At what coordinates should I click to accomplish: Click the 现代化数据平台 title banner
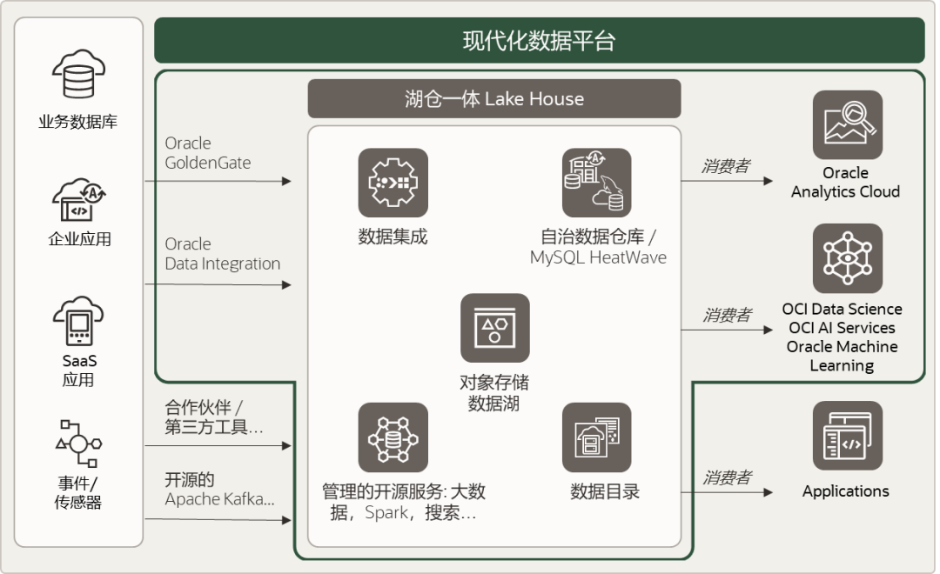click(539, 41)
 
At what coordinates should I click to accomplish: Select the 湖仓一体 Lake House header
click(493, 98)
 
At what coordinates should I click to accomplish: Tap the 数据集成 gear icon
click(393, 183)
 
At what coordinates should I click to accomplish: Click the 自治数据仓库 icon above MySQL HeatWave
click(596, 183)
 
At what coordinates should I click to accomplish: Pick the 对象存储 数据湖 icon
click(494, 328)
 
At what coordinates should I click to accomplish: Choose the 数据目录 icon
click(596, 437)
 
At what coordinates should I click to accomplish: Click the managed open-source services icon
click(393, 437)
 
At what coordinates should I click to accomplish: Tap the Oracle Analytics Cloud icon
click(847, 125)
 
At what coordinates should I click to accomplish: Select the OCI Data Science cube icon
click(847, 258)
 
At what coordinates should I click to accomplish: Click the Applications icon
click(847, 436)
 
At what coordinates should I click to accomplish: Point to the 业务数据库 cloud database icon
click(78, 74)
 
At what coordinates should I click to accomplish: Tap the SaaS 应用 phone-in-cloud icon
click(78, 321)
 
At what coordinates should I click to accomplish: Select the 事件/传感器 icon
click(78, 444)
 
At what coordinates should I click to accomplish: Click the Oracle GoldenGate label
click(208, 153)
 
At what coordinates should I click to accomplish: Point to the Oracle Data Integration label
click(223, 254)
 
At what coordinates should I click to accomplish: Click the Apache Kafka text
click(219, 499)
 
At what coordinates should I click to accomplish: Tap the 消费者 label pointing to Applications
click(726, 477)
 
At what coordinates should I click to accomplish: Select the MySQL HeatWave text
click(598, 257)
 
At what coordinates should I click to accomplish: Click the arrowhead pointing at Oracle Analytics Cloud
click(768, 181)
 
